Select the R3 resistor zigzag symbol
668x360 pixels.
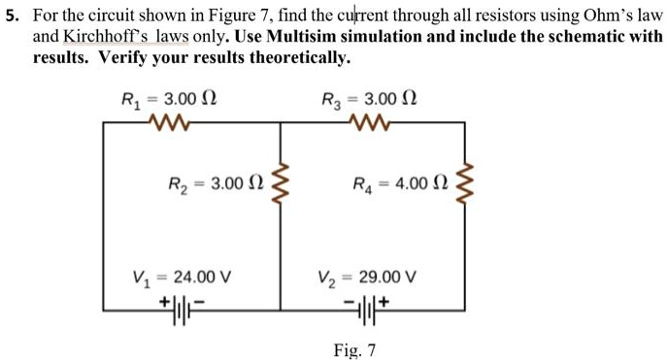(x=368, y=122)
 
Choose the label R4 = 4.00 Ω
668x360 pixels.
(x=397, y=183)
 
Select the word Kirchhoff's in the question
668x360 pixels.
(x=103, y=37)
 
